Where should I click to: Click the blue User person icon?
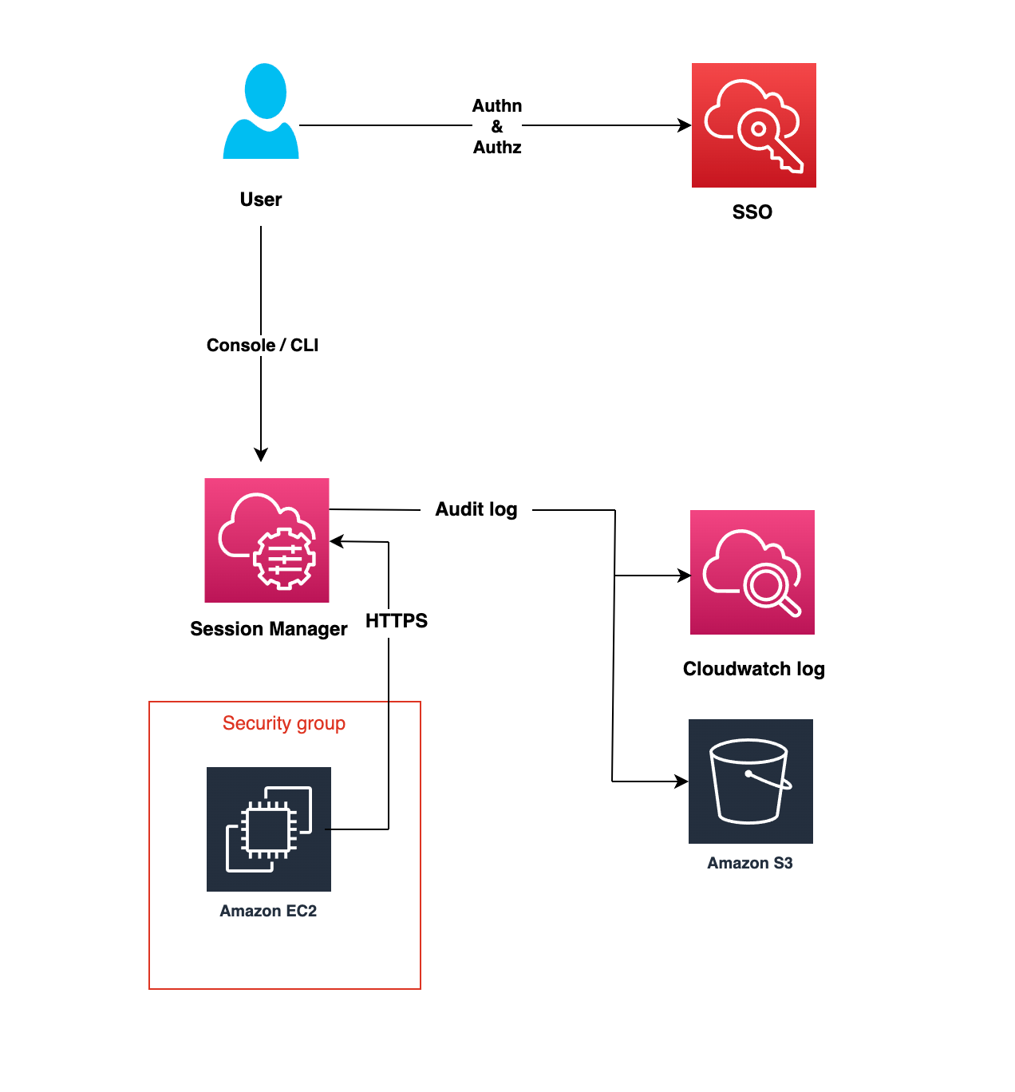click(x=261, y=112)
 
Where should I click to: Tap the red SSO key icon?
click(x=753, y=125)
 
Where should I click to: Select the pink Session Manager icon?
click(x=267, y=540)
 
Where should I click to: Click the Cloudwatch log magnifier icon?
click(x=752, y=572)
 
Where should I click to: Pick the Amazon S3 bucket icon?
click(x=750, y=781)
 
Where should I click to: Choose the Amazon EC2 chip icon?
click(x=268, y=829)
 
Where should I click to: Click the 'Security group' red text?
click(x=284, y=723)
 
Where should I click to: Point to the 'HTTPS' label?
click(x=397, y=621)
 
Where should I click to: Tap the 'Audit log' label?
click(x=476, y=509)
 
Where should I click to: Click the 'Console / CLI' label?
click(x=262, y=345)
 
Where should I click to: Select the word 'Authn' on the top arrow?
click(x=496, y=105)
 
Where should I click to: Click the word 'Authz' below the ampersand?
click(x=496, y=148)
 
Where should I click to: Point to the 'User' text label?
click(x=261, y=200)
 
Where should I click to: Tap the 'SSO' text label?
click(x=752, y=212)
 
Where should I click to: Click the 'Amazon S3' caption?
click(x=749, y=863)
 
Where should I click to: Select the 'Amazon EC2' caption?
click(x=268, y=911)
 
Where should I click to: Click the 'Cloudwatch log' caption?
click(x=753, y=669)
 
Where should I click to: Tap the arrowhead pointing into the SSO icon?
click(x=685, y=125)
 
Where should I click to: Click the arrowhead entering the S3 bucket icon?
click(x=681, y=781)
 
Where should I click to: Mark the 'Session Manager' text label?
click(x=268, y=629)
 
